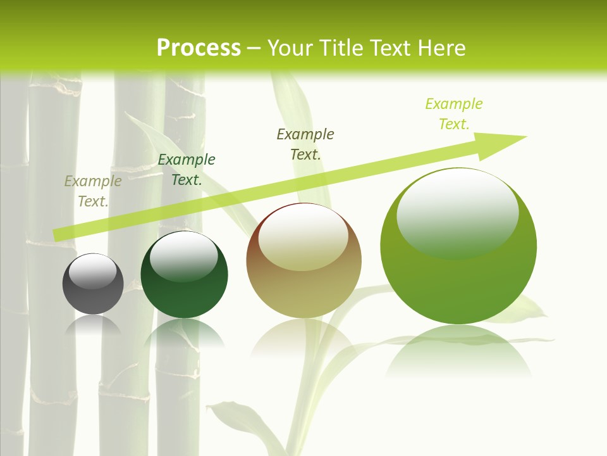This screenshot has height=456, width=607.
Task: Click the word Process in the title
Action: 199,48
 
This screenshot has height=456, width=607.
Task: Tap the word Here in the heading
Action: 443,48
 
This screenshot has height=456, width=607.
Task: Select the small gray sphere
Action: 93,291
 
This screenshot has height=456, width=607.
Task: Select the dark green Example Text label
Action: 187,170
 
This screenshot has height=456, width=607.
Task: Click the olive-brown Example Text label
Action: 305,144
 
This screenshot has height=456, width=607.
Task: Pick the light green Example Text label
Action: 454,113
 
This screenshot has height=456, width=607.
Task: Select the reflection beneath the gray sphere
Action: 93,326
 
